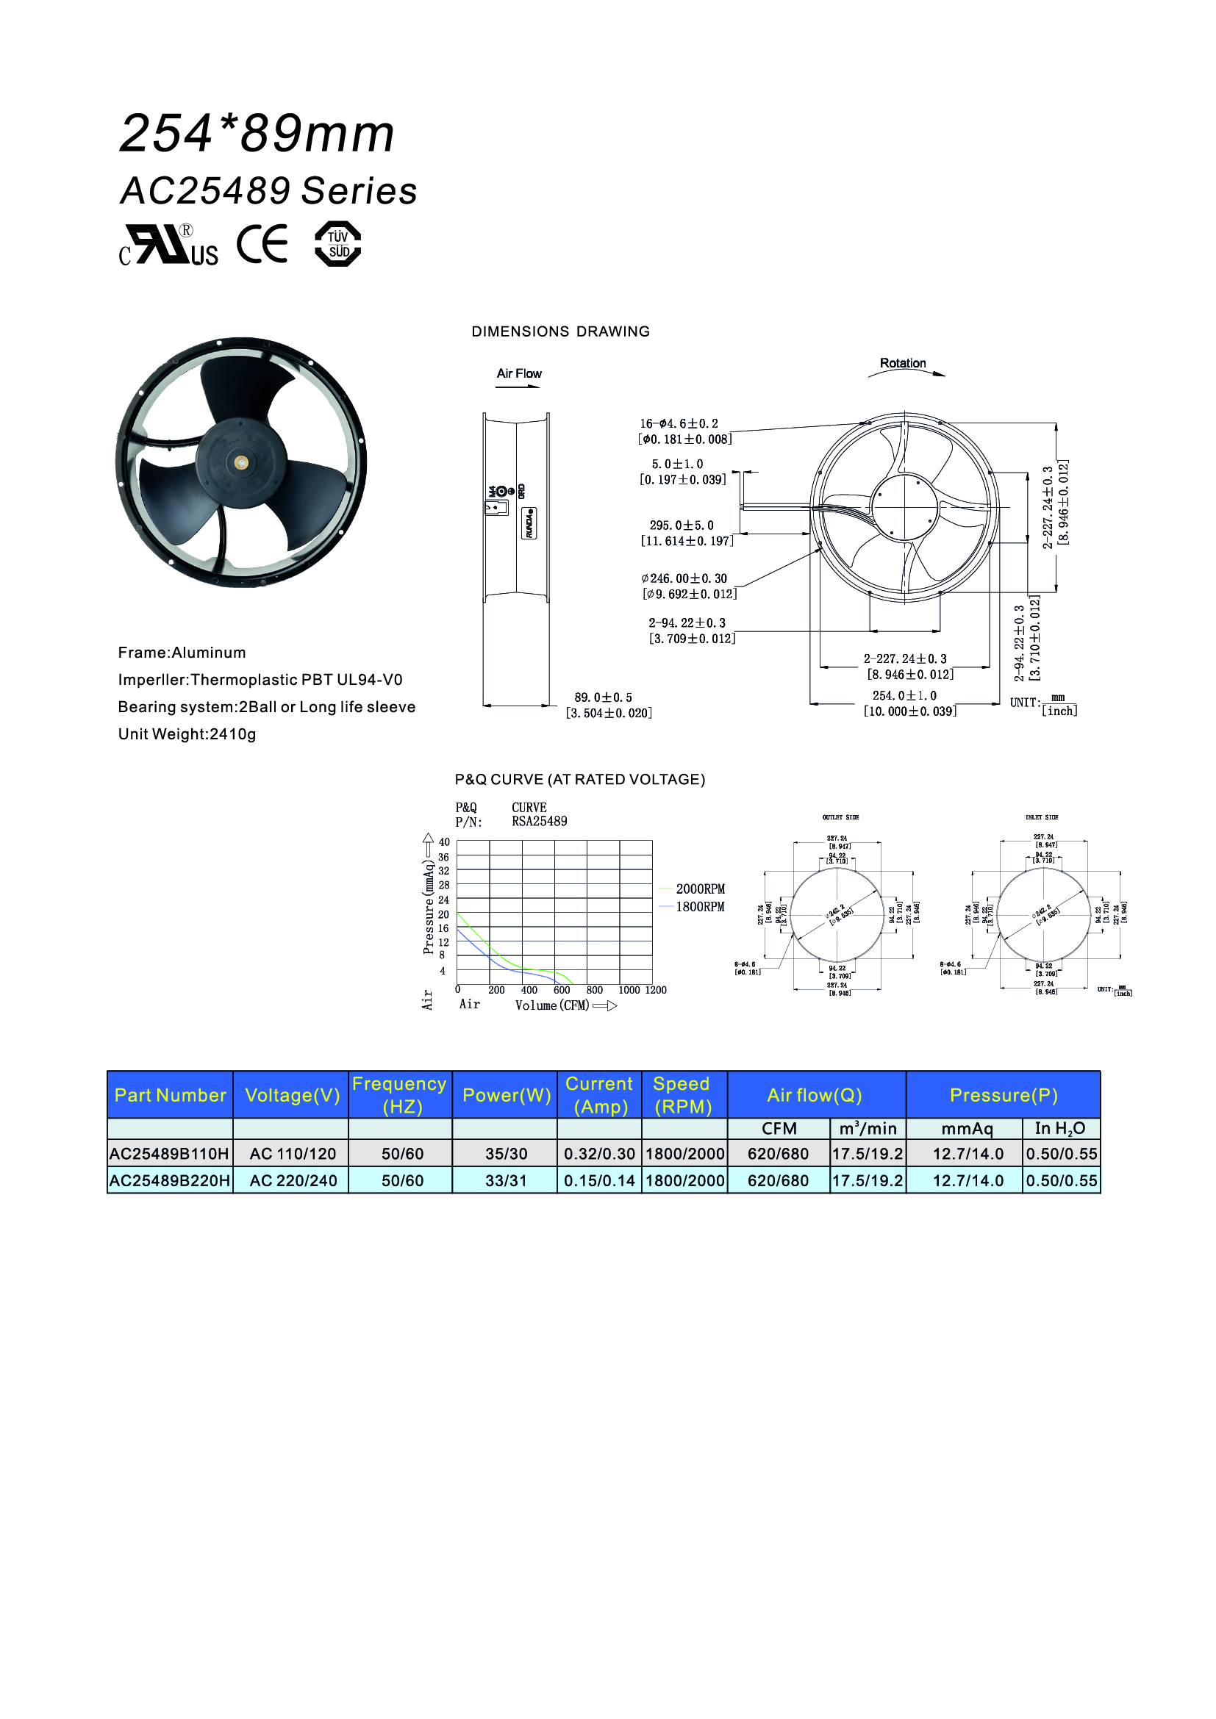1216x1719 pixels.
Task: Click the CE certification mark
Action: [x=262, y=244]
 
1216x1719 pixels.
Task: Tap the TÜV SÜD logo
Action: [x=338, y=244]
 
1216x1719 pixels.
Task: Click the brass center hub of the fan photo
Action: [x=241, y=463]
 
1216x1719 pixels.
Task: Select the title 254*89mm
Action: [x=257, y=134]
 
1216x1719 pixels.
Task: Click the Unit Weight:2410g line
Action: [x=187, y=734]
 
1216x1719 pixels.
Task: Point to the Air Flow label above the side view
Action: [x=519, y=373]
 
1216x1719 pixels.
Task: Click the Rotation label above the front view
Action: [x=902, y=363]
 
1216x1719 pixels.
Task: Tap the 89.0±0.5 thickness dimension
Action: [x=604, y=697]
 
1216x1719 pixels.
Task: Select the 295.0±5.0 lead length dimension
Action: [x=682, y=525]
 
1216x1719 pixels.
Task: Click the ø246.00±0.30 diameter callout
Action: [x=684, y=578]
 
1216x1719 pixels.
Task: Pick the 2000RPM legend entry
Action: [x=700, y=889]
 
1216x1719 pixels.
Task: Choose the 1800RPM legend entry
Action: [x=700, y=908]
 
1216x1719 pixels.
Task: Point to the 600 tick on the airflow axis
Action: [x=562, y=991]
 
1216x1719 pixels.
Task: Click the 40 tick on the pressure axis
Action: [x=444, y=842]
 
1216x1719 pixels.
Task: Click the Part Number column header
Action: [x=170, y=1095]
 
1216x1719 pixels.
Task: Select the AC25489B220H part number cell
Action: [x=170, y=1181]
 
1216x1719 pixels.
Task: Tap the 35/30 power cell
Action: [x=506, y=1154]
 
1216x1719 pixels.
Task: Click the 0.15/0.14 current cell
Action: [x=599, y=1181]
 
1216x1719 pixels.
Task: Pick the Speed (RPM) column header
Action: [x=682, y=1095]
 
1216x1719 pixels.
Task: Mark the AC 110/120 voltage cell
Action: [x=293, y=1154]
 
